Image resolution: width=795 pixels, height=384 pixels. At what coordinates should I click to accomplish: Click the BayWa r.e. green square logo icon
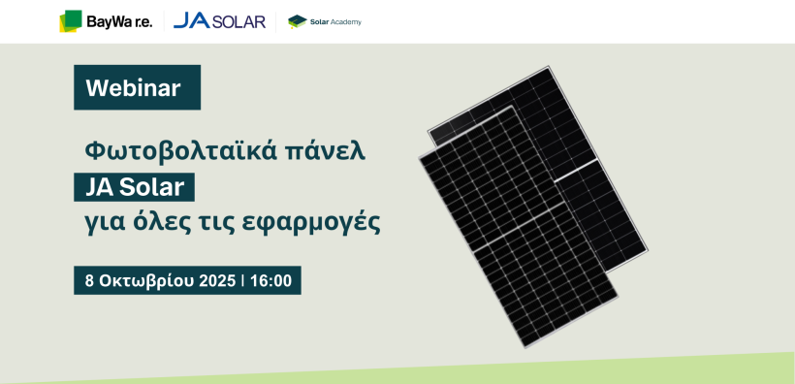[x=71, y=21]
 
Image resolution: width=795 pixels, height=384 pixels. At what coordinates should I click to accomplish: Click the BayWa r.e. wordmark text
[x=119, y=21]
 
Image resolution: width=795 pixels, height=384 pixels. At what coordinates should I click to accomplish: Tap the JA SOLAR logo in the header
[x=219, y=21]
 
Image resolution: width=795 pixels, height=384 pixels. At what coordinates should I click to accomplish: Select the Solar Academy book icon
[x=297, y=21]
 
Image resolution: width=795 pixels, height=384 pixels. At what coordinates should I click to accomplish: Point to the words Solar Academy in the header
[x=335, y=21]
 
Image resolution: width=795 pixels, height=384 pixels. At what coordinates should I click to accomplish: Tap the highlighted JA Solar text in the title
[x=135, y=188]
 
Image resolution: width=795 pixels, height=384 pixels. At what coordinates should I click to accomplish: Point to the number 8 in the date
[x=90, y=280]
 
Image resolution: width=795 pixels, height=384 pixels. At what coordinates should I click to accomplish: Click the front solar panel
[x=518, y=227]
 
